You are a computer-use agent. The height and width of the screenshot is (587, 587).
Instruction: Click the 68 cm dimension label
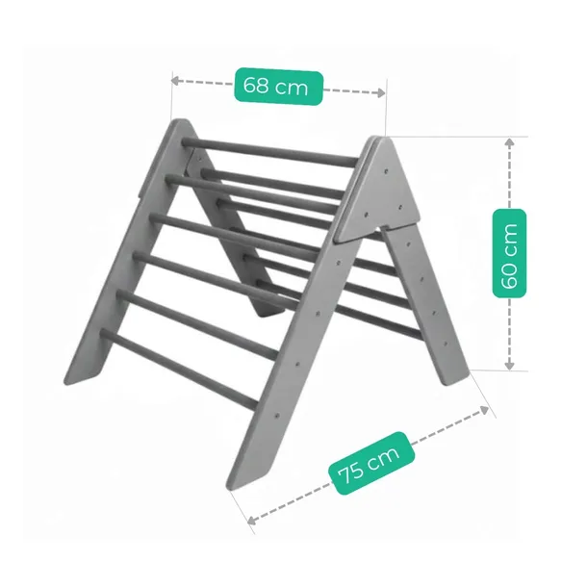pyautogui.click(x=278, y=86)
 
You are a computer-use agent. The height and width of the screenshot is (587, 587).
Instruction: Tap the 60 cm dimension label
pyautogui.click(x=509, y=253)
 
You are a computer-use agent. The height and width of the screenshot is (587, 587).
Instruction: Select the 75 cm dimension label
pyautogui.click(x=371, y=464)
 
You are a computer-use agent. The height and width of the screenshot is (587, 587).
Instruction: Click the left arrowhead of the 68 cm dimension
pyautogui.click(x=175, y=80)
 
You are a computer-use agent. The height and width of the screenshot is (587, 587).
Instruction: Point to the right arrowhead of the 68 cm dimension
pyautogui.click(x=381, y=92)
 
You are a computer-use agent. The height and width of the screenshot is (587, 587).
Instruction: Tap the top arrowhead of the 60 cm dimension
pyautogui.click(x=509, y=141)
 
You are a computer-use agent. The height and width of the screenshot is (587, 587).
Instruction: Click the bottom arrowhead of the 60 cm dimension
pyautogui.click(x=509, y=366)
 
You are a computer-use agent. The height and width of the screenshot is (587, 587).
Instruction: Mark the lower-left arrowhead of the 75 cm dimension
pyautogui.click(x=252, y=520)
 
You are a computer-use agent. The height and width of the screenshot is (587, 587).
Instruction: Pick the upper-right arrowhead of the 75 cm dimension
pyautogui.click(x=484, y=410)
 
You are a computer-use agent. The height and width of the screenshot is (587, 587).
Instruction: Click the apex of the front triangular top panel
pyautogui.click(x=383, y=138)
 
